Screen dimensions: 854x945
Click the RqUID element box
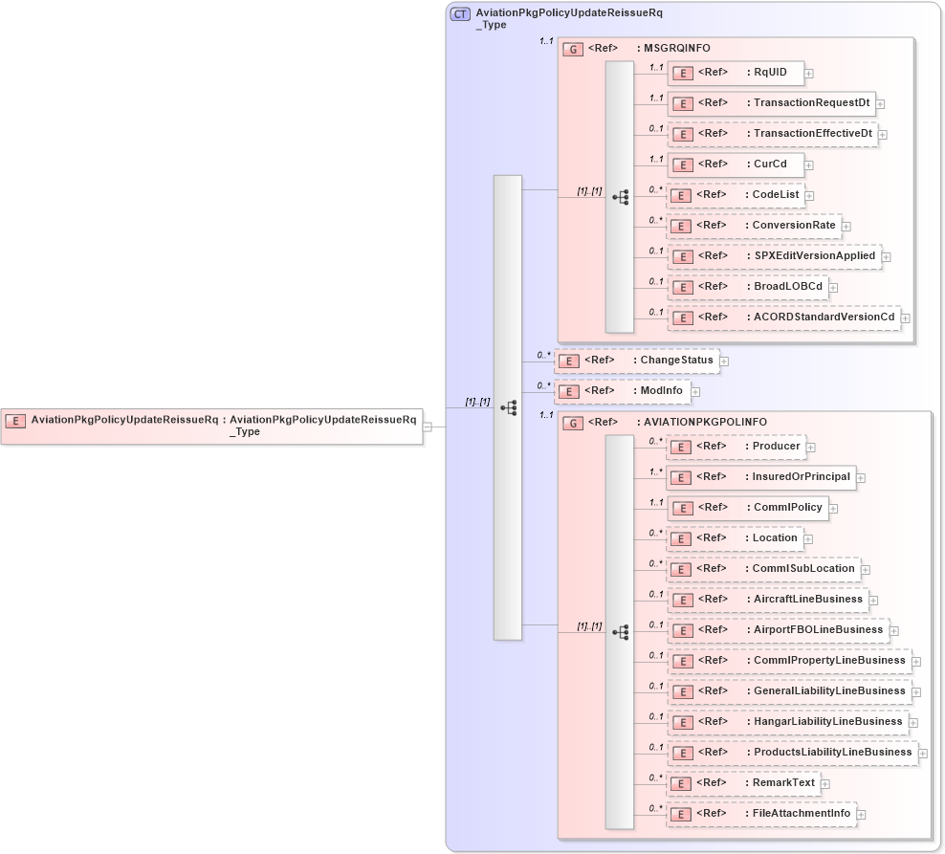click(x=735, y=73)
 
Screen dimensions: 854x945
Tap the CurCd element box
click(x=735, y=164)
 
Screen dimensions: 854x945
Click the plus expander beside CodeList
click(x=809, y=196)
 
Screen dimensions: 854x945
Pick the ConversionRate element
click(x=753, y=226)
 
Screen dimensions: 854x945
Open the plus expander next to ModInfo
click(x=695, y=392)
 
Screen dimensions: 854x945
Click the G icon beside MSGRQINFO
click(x=573, y=49)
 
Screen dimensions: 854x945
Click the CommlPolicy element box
click(x=746, y=508)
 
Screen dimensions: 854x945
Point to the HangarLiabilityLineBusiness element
click(x=786, y=722)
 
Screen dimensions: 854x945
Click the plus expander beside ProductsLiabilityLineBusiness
click(x=923, y=755)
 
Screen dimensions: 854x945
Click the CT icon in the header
click(x=460, y=14)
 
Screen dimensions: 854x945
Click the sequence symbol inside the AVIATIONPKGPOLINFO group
click(x=620, y=632)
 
